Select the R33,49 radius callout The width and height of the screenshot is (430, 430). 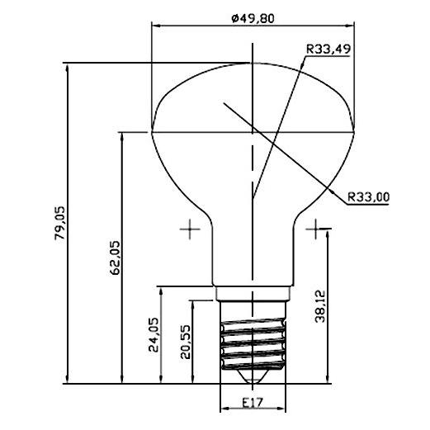[x=328, y=49]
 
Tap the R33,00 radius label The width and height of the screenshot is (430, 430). [x=368, y=197]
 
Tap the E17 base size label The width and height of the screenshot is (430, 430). [x=253, y=404]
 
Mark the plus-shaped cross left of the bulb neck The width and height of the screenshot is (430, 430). [x=191, y=229]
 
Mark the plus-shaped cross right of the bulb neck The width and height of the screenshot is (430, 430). [x=315, y=229]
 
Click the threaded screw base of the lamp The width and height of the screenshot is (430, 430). [x=253, y=343]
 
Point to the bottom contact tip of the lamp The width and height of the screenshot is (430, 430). [x=253, y=378]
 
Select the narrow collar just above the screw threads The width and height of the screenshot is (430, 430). [x=253, y=293]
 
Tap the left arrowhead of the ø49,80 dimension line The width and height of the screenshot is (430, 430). [x=156, y=24]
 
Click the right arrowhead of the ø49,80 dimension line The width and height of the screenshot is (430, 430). [x=350, y=24]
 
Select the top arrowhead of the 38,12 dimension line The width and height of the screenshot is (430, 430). [x=328, y=234]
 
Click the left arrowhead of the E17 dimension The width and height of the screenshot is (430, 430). [x=224, y=410]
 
